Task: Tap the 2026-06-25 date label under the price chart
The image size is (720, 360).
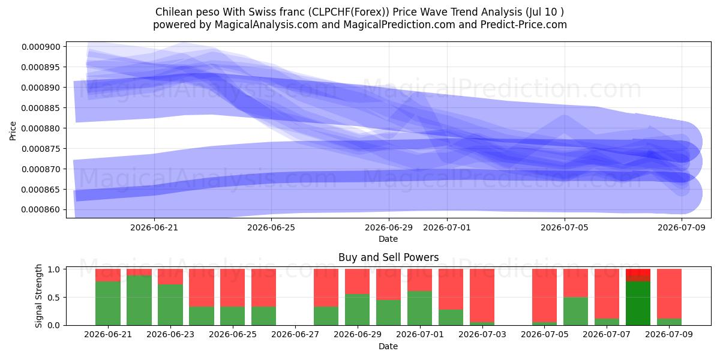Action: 271,227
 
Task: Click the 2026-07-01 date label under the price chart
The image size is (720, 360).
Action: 447,227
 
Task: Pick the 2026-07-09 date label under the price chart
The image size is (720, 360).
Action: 682,227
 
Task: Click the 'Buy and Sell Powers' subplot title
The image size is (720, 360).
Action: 388,257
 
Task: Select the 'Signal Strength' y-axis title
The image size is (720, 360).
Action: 38,296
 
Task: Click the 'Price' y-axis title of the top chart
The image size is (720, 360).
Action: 13,131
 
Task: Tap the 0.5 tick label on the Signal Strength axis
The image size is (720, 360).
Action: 53,298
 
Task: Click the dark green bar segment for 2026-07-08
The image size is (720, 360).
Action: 638,303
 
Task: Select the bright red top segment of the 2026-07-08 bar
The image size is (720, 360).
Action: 638,275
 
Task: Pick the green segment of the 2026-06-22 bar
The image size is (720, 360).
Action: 139,300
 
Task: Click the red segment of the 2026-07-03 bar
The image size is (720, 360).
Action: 482,295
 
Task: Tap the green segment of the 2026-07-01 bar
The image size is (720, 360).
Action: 420,308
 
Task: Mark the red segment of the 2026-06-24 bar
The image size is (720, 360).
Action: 202,287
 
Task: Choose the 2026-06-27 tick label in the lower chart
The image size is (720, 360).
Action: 295,335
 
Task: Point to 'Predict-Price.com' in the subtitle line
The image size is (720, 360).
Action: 524,25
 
